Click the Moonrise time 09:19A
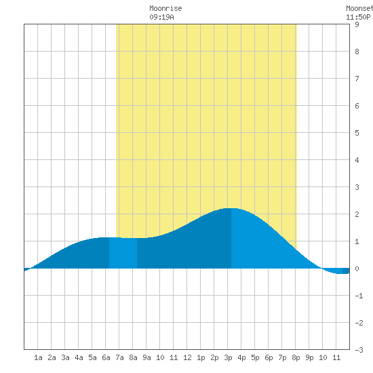tap(162, 17)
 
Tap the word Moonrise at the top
tap(165, 8)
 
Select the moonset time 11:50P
tap(358, 17)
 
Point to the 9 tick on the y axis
tap(357, 24)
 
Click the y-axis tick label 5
tap(357, 133)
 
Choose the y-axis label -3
tap(359, 350)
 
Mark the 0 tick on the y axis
tap(357, 269)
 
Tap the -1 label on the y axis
tap(359, 296)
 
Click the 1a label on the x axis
tap(38, 357)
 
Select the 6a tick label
tap(106, 357)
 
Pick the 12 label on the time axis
tap(187, 357)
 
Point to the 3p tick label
tap(228, 357)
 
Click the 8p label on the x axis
tap(296, 357)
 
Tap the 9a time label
tap(146, 357)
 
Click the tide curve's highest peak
tap(231, 208)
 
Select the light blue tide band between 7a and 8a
tap(123, 253)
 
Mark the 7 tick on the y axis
tap(357, 79)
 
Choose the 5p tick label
tap(255, 357)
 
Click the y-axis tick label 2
tap(357, 214)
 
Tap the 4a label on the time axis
tap(79, 357)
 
